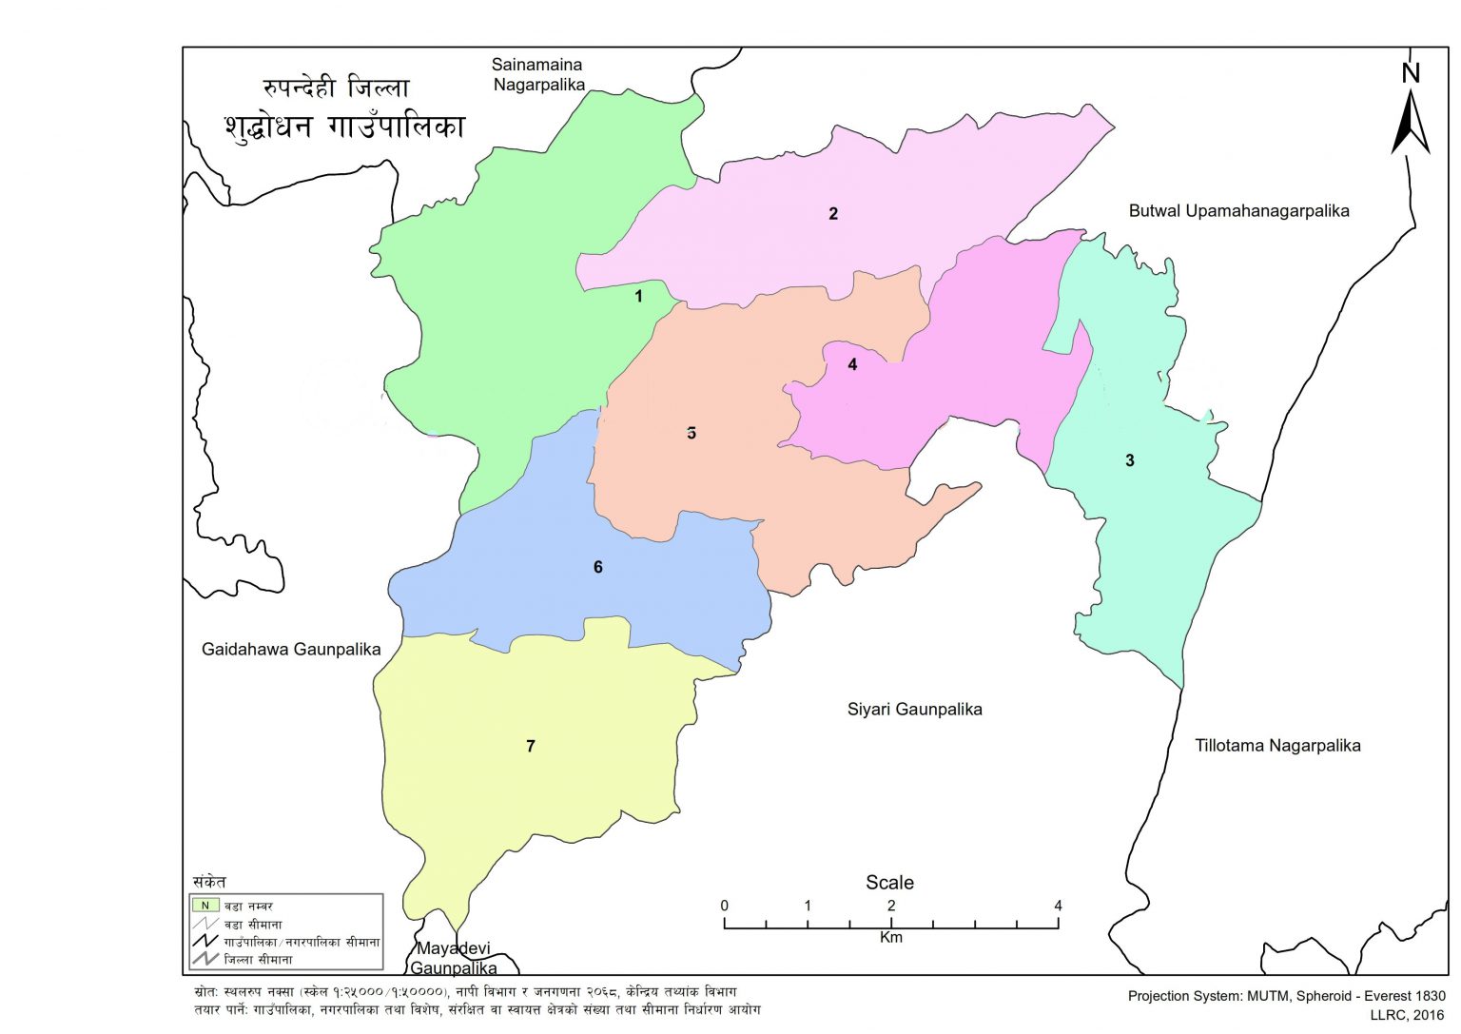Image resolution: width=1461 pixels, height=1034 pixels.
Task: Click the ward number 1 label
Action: (x=638, y=296)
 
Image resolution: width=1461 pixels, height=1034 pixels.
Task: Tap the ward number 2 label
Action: (x=833, y=213)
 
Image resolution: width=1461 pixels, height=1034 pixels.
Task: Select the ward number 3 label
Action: (x=1130, y=460)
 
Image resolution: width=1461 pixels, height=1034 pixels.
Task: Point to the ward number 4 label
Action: (x=852, y=364)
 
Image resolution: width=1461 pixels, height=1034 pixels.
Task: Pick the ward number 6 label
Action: (x=598, y=567)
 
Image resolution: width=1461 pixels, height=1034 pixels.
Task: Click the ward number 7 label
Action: (x=531, y=746)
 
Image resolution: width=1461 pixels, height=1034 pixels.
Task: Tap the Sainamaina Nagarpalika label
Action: (x=537, y=74)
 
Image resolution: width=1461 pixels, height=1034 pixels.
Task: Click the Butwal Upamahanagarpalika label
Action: (x=1238, y=211)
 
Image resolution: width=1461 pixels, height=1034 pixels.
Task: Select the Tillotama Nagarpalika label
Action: (x=1277, y=746)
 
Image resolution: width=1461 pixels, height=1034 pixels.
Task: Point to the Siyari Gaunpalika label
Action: (x=914, y=709)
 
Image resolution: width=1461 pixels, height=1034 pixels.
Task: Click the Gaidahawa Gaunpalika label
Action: (x=291, y=650)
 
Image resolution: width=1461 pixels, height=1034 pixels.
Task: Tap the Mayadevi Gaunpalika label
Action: (x=454, y=958)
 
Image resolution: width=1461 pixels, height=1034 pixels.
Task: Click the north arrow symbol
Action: (x=1411, y=124)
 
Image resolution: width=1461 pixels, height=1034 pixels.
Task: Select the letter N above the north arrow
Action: (x=1411, y=73)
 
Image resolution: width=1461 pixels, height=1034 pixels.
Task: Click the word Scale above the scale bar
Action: (x=889, y=883)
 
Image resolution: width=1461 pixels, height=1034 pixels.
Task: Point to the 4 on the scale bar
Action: (x=1058, y=906)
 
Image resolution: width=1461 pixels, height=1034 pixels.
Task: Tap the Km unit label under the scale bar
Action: (x=890, y=938)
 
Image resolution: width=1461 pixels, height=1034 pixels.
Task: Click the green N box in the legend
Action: (x=205, y=906)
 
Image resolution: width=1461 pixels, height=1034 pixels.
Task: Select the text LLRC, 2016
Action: (x=1407, y=1015)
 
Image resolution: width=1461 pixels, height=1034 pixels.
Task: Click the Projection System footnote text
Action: (x=1286, y=996)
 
